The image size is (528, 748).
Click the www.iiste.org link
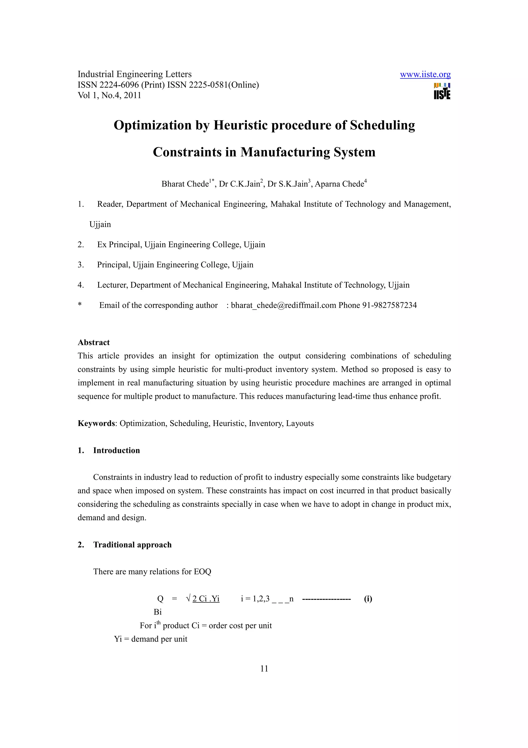point(425,75)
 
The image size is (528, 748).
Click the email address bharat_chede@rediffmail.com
point(283,305)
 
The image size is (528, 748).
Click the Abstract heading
point(94,343)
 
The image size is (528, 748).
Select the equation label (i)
point(368,599)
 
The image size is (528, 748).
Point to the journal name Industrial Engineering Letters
point(134,74)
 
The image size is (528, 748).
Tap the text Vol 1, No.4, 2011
point(109,96)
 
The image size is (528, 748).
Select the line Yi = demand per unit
point(151,639)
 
